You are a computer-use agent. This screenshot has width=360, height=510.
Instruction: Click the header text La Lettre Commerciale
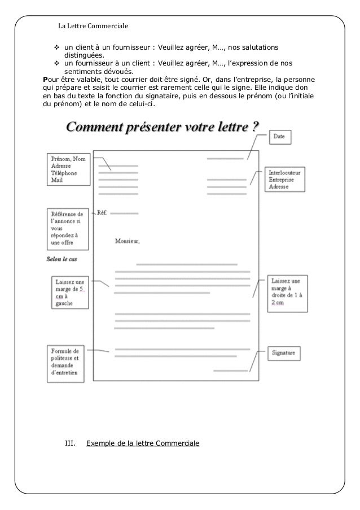(x=94, y=26)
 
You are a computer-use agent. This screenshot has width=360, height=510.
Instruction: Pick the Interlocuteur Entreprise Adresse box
(x=286, y=178)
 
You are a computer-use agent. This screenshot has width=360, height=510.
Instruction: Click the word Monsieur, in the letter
(x=127, y=241)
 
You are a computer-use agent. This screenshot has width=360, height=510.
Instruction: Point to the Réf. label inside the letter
(x=102, y=213)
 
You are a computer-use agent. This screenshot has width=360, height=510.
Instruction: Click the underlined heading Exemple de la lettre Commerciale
(x=142, y=444)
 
